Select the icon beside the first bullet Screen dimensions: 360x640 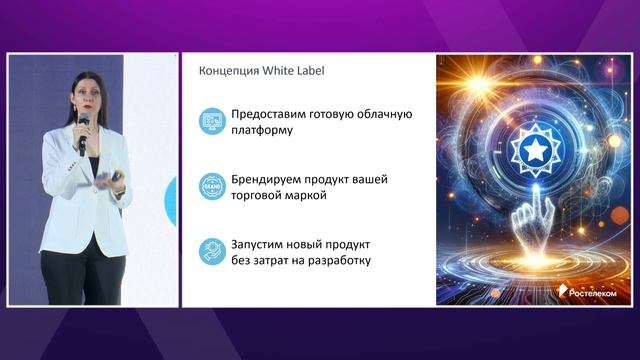211,122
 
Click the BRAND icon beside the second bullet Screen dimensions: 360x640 211,187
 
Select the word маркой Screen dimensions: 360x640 305,196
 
